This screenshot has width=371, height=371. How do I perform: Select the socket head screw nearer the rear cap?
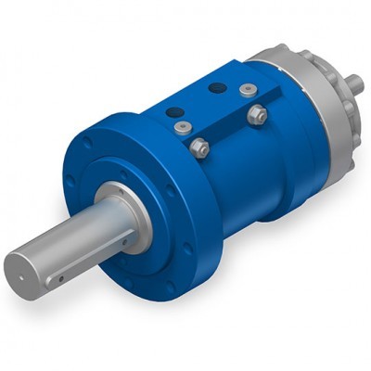[246, 89]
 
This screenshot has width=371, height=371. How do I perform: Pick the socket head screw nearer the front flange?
[185, 128]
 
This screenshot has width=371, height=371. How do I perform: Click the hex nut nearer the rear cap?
[257, 114]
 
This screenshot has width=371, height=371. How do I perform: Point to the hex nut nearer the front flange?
[198, 147]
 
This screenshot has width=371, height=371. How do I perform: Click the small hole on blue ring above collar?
[123, 173]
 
